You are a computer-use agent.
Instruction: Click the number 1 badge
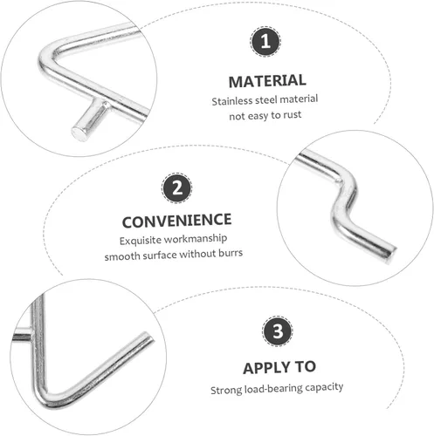pos(265,41)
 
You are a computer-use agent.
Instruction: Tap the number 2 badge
pos(176,187)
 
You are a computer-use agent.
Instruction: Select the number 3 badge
pos(277,330)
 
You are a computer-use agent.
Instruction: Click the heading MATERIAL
pos(267,81)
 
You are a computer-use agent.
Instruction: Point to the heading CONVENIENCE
pos(176,221)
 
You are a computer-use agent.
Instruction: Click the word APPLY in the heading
pos(264,368)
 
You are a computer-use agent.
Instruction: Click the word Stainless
pos(232,101)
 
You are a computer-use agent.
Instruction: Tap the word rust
pos(293,115)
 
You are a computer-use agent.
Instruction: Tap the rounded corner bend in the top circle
pos(46,59)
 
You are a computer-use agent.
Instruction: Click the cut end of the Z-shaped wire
pos(390,254)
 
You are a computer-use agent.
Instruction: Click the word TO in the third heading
pos(306,367)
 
